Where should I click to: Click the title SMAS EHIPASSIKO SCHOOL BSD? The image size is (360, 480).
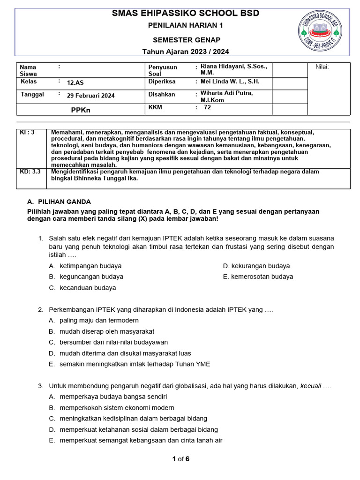pos(186,13)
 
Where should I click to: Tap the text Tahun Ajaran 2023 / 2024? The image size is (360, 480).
pos(186,52)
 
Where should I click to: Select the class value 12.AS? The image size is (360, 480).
pos(75,82)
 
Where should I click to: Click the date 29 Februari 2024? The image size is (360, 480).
pos(90,96)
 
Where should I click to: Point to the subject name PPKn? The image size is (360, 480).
pos(80,110)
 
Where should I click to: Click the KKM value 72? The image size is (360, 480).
pos(207,107)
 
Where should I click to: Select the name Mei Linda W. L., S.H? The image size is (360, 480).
pos(230,82)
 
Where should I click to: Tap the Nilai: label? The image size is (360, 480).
pos(322,67)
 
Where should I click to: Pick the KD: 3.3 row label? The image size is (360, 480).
pos(30,172)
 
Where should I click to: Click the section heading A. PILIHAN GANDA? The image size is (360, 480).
pos(59,202)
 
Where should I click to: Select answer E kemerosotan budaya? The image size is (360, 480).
pos(262,277)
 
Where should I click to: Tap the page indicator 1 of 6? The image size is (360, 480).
pos(180,459)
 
